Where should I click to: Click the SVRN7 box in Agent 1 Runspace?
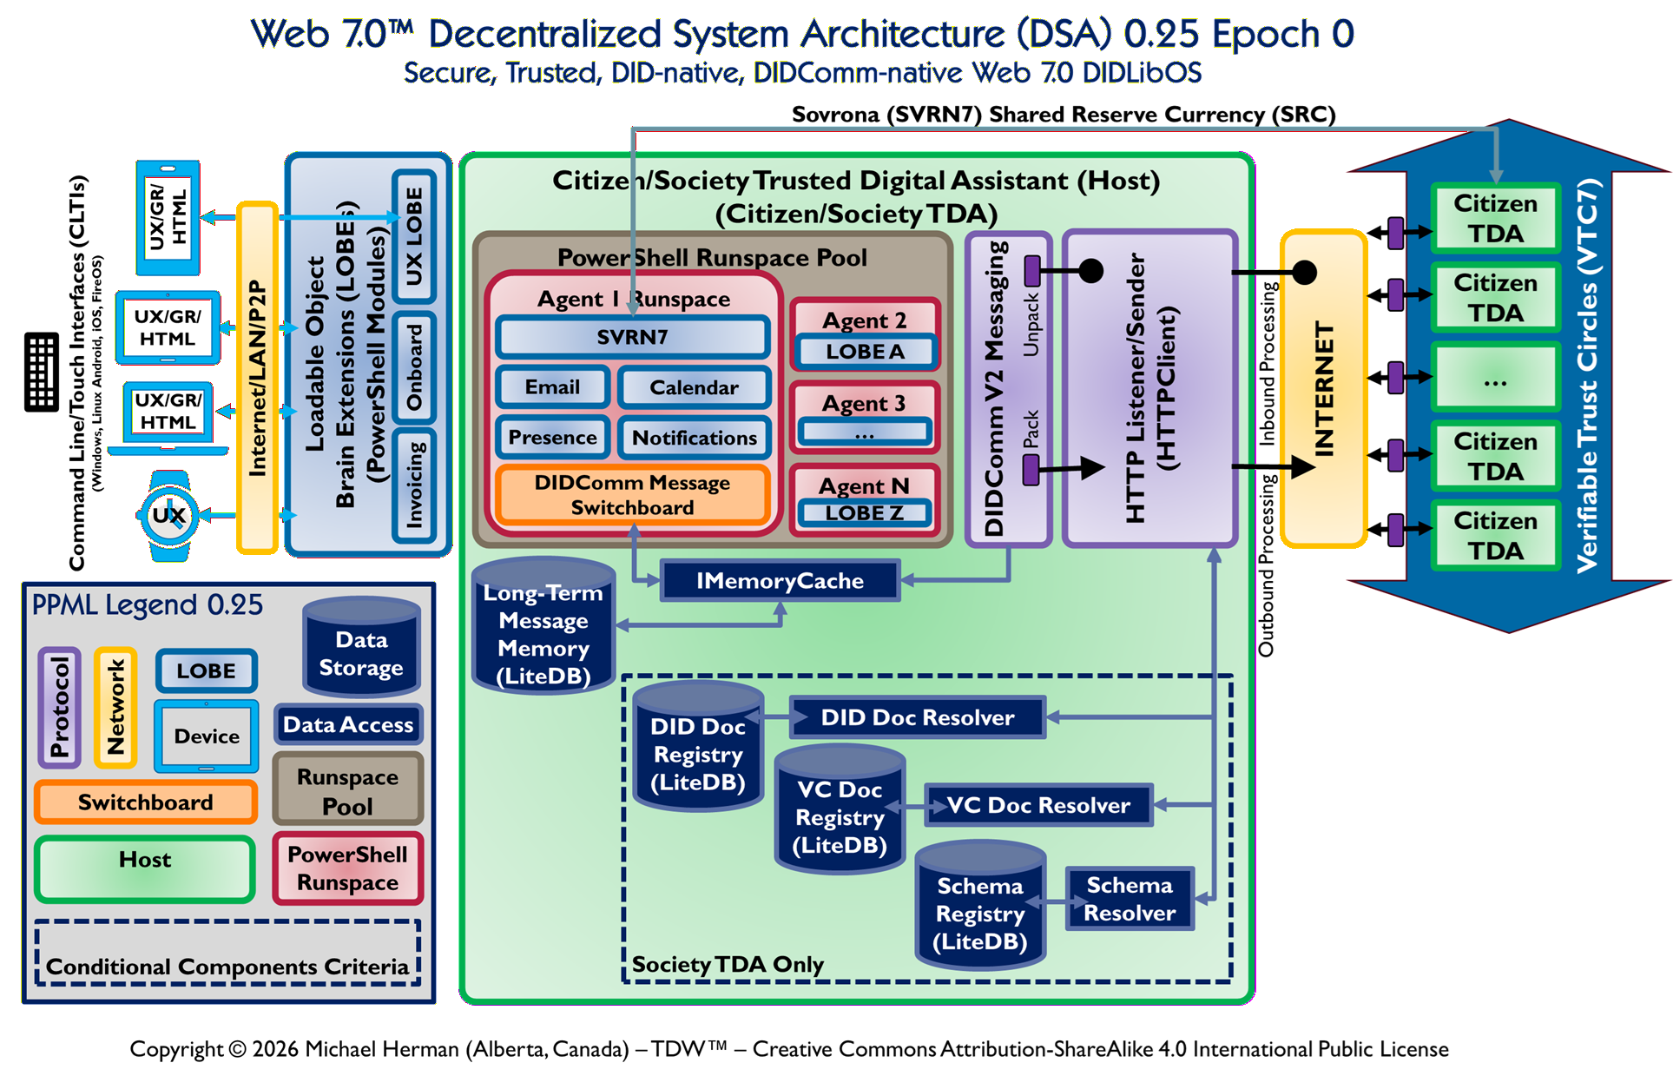(632, 337)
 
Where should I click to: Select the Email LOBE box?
(552, 387)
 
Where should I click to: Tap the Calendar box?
(694, 387)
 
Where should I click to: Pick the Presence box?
(552, 438)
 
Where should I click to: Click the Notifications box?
(694, 438)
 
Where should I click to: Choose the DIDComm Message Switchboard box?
(632, 495)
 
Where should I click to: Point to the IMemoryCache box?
(780, 581)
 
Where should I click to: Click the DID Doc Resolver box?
(917, 717)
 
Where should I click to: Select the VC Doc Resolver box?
(1038, 805)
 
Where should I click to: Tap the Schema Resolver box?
(1130, 899)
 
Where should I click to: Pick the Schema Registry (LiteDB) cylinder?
(980, 912)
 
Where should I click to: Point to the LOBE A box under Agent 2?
(865, 352)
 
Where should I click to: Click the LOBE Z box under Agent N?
(865, 513)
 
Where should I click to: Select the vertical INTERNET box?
(1323, 389)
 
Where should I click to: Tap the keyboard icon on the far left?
(41, 371)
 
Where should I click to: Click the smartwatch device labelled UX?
(169, 516)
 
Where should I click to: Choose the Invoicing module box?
(414, 485)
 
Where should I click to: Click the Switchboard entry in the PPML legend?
(145, 802)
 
